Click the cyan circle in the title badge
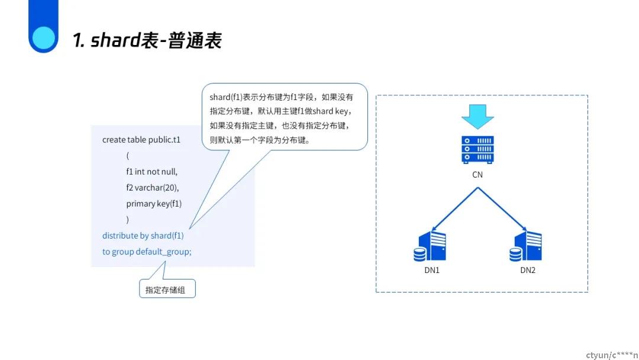click(x=44, y=38)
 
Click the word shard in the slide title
click(x=115, y=40)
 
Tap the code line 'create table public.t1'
click(x=141, y=140)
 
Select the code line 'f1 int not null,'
click(x=151, y=172)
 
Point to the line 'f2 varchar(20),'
click(x=153, y=188)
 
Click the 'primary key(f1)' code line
click(x=154, y=204)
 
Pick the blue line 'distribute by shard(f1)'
click(x=143, y=236)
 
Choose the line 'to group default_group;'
click(x=147, y=252)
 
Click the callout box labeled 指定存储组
click(x=167, y=289)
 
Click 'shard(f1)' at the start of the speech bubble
click(x=226, y=97)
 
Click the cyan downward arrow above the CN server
click(x=477, y=116)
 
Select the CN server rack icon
click(x=477, y=150)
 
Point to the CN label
click(x=477, y=175)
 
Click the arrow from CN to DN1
click(x=454, y=210)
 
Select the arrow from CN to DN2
click(x=502, y=210)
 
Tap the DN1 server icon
click(x=430, y=246)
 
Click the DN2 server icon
click(x=526, y=246)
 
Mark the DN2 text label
click(x=528, y=270)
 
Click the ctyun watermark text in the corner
click(x=612, y=355)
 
